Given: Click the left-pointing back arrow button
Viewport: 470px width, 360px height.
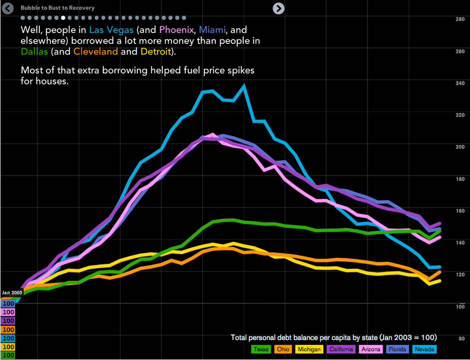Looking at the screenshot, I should pyautogui.click(x=7, y=8).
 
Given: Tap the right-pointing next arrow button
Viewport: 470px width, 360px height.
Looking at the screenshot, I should pyautogui.click(x=279, y=8).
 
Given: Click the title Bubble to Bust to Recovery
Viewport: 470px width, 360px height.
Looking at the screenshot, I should pyautogui.click(x=57, y=8).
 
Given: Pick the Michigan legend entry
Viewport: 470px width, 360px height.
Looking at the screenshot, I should pyautogui.click(x=309, y=349).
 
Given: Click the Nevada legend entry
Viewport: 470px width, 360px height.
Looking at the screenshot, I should pyautogui.click(x=424, y=349).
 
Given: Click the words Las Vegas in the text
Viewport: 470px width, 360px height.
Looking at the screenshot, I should pyautogui.click(x=111, y=30).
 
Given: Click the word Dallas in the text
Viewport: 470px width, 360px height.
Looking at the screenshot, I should pyautogui.click(x=34, y=51).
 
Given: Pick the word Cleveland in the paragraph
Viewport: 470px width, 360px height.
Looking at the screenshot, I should pyautogui.click(x=96, y=51).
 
